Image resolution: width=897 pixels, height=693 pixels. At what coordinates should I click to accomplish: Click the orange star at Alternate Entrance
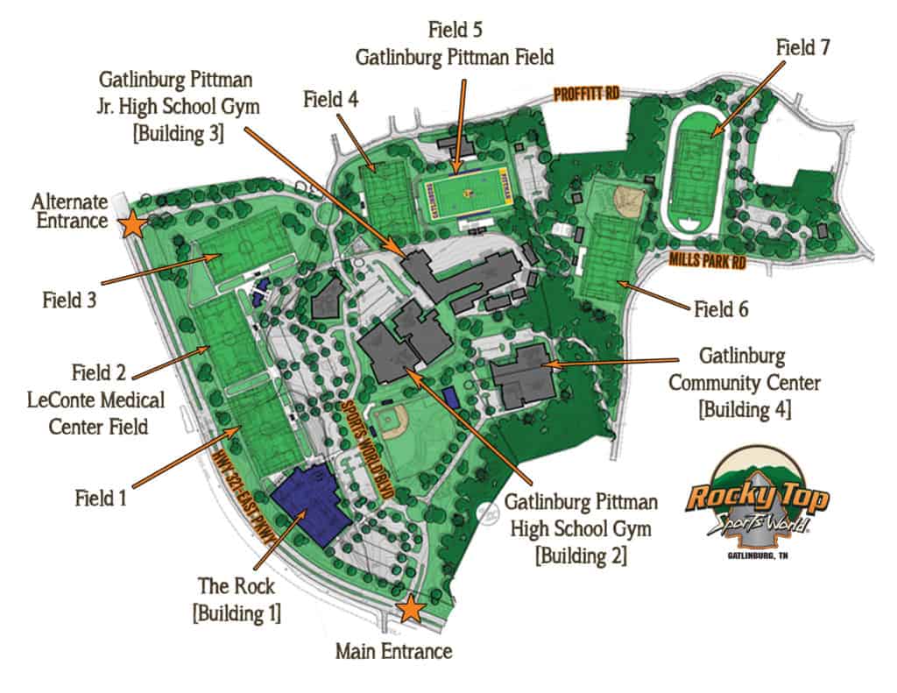point(133,224)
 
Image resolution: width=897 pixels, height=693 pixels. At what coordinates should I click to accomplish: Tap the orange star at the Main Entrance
point(409,609)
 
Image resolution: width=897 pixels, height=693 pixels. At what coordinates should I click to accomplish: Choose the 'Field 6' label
point(721,308)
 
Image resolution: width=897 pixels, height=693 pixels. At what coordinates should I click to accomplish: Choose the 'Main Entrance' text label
point(394,652)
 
